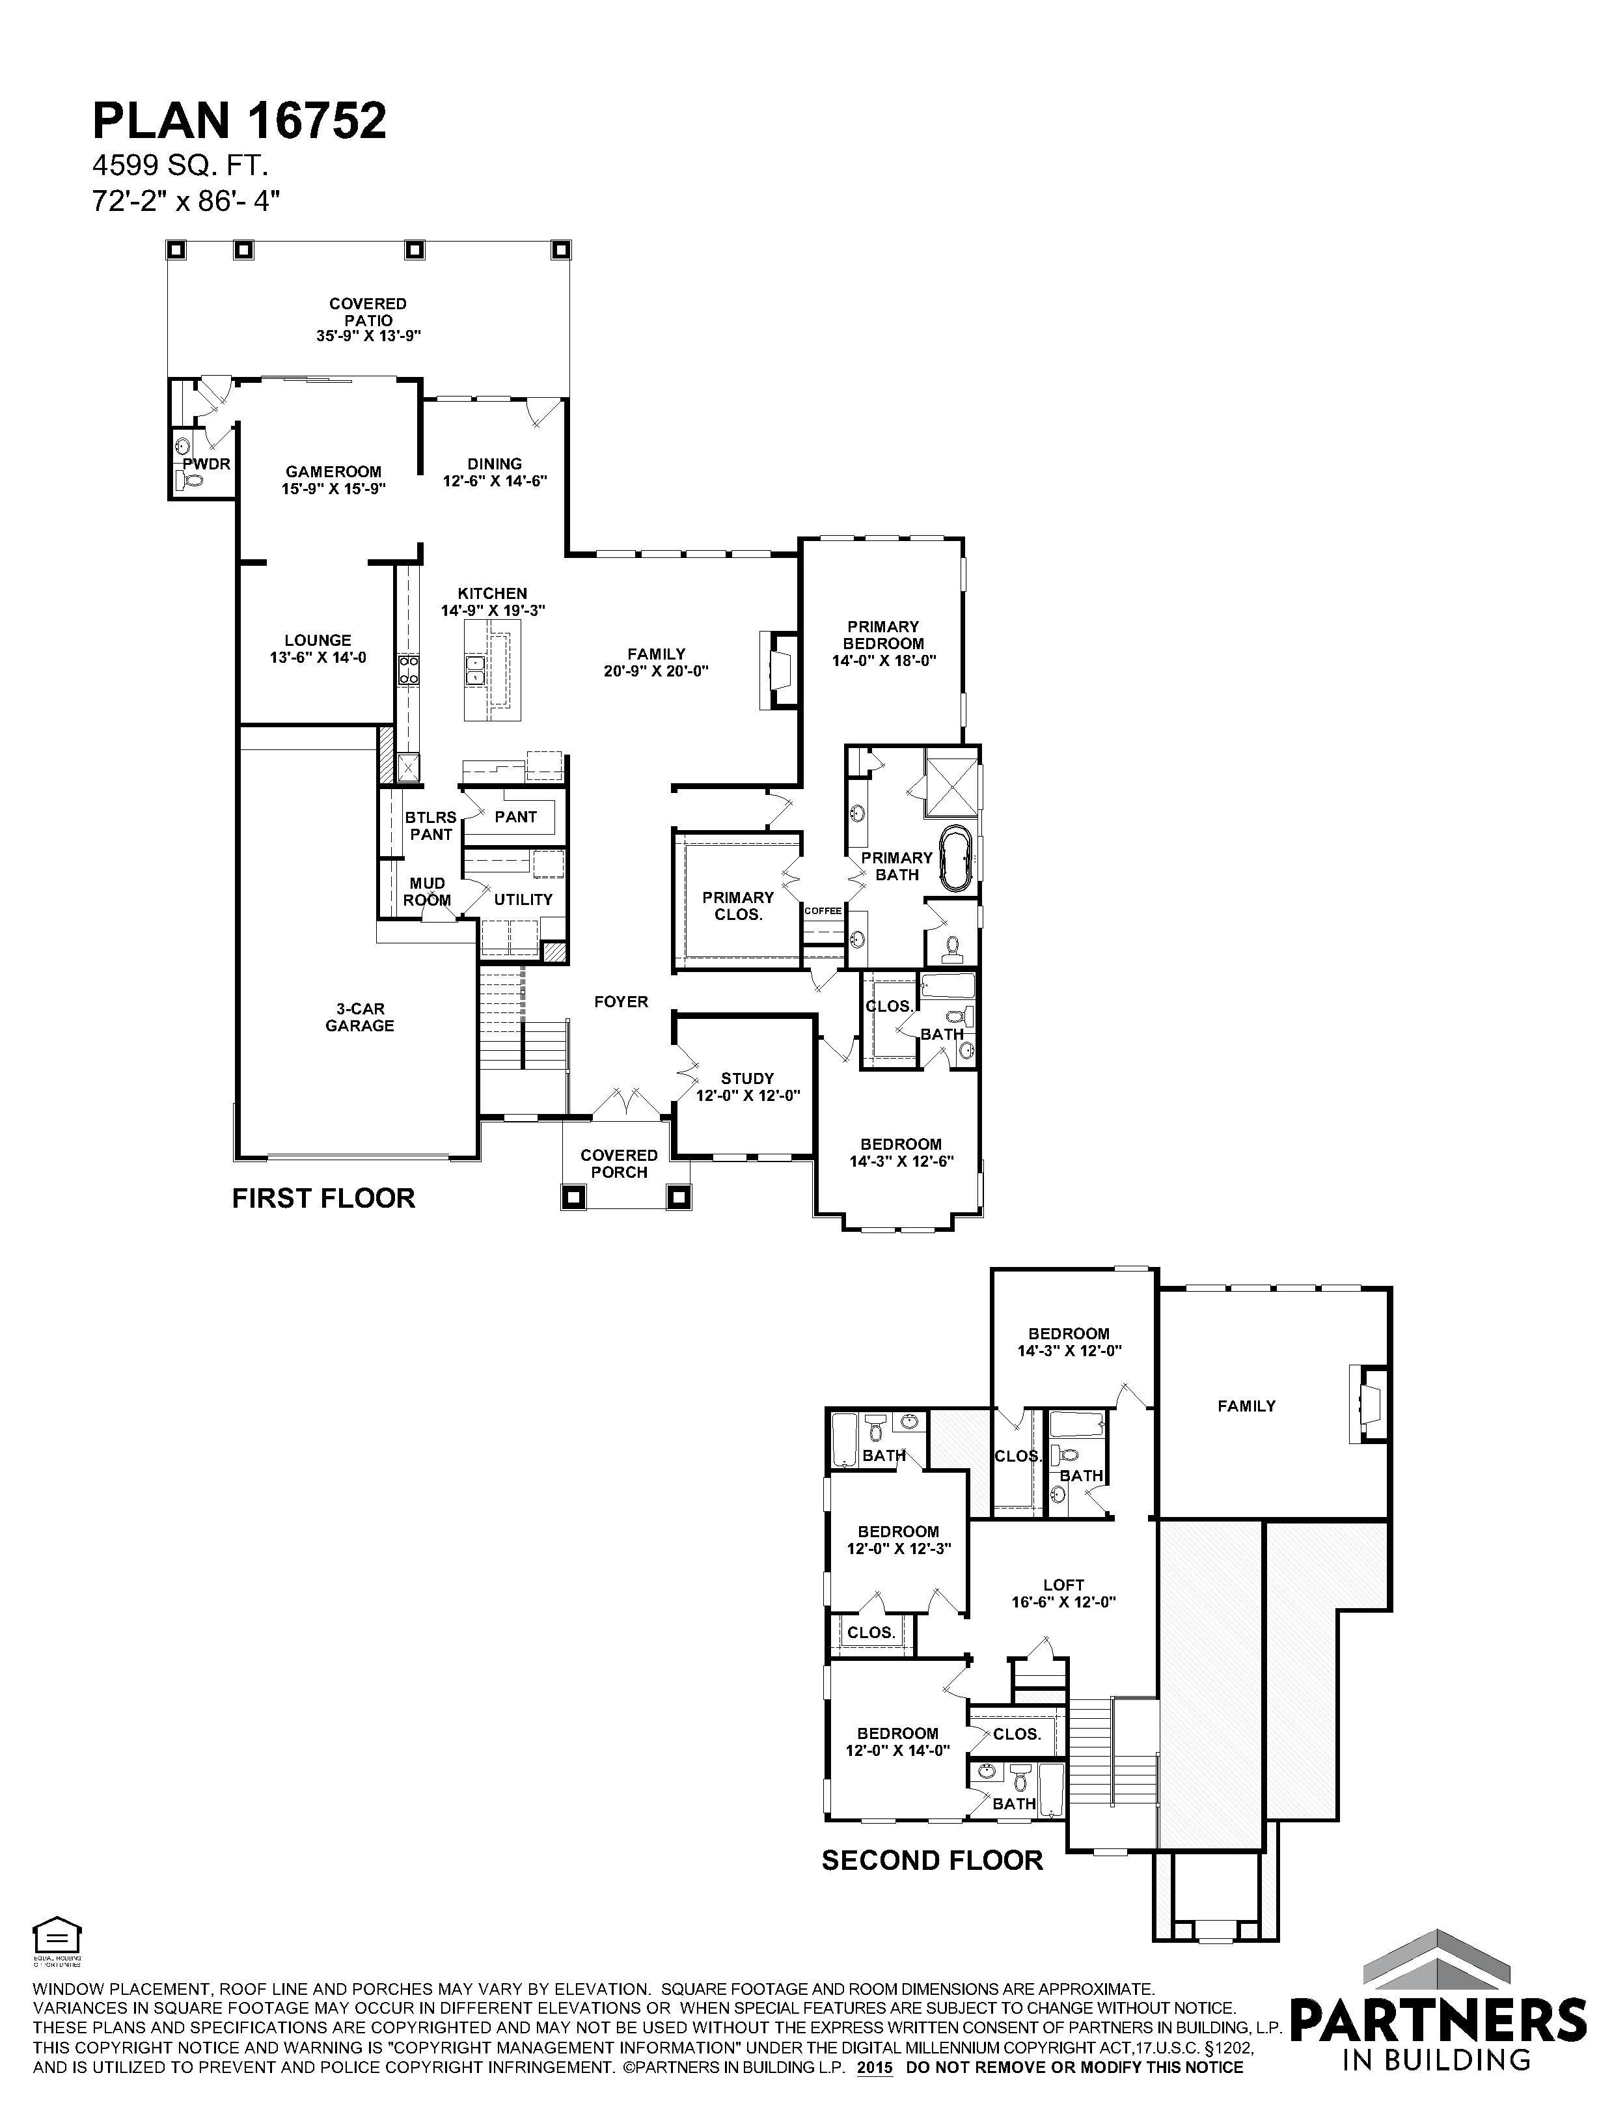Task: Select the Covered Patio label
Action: point(368,312)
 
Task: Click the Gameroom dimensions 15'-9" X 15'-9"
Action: point(333,488)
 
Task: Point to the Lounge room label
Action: point(318,640)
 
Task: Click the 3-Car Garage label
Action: point(360,1018)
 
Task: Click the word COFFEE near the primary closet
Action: point(823,911)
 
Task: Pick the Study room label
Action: point(748,1079)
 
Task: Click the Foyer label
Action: point(621,1002)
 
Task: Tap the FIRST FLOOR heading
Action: point(323,1198)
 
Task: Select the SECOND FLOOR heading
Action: point(933,1860)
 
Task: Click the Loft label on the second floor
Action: point(1063,1585)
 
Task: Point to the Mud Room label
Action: point(427,892)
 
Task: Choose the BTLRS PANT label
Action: point(431,826)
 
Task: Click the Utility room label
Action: point(523,899)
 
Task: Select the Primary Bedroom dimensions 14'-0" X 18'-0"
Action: point(884,660)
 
